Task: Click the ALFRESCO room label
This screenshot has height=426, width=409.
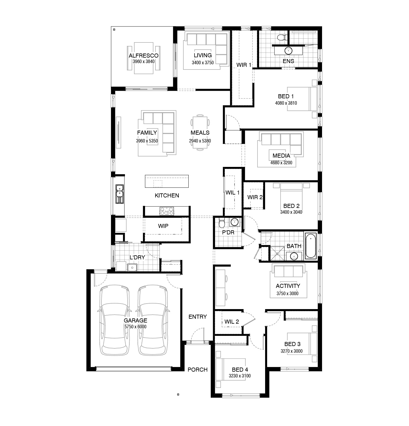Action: coord(144,56)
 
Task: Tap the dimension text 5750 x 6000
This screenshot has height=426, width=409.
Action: coord(135,327)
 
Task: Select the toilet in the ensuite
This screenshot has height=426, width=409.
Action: coord(282,38)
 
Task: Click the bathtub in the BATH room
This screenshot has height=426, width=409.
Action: coord(311,246)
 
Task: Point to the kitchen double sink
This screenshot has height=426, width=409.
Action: coord(119,194)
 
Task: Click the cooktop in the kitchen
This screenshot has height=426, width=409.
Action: coord(167,211)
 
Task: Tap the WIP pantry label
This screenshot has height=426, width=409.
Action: coord(163,226)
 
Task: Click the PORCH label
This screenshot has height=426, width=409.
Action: coord(198,370)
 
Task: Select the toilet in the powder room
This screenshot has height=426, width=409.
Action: coord(222,222)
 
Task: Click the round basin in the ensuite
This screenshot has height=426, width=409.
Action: coord(288,51)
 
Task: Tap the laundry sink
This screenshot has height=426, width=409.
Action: coord(132,267)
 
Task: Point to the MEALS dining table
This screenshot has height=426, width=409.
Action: coord(200,133)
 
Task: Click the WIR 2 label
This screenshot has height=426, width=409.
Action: coord(255,197)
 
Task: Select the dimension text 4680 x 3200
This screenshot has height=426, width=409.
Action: coord(281,163)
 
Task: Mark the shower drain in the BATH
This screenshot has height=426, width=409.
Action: coord(278,254)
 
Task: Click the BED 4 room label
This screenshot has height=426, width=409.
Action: coord(240,370)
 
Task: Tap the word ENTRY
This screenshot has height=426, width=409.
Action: coord(198,317)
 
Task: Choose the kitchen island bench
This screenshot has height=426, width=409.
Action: coord(167,181)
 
